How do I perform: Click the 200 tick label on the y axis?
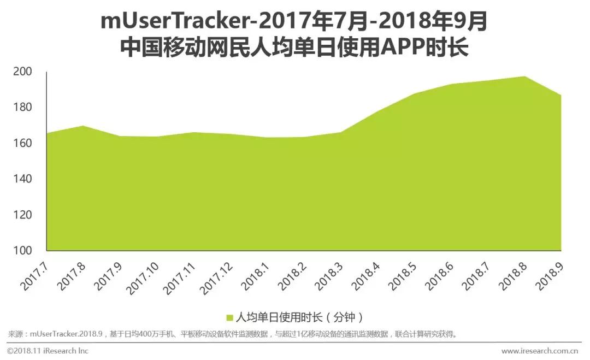pyautogui.click(x=22, y=72)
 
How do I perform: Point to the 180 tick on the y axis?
pyautogui.click(x=22, y=107)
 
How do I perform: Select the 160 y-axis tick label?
pyautogui.click(x=22, y=143)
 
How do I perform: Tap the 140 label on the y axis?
pyautogui.click(x=22, y=179)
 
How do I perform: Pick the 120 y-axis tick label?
pyautogui.click(x=22, y=215)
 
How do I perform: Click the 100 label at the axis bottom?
pyautogui.click(x=22, y=251)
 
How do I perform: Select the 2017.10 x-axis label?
pyautogui.click(x=144, y=276)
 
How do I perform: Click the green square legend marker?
pyautogui.click(x=230, y=317)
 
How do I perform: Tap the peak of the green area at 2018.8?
pyautogui.click(x=525, y=77)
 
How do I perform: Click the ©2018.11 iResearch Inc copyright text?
pyautogui.click(x=48, y=350)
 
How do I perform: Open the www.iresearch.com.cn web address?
pyautogui.click(x=540, y=350)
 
